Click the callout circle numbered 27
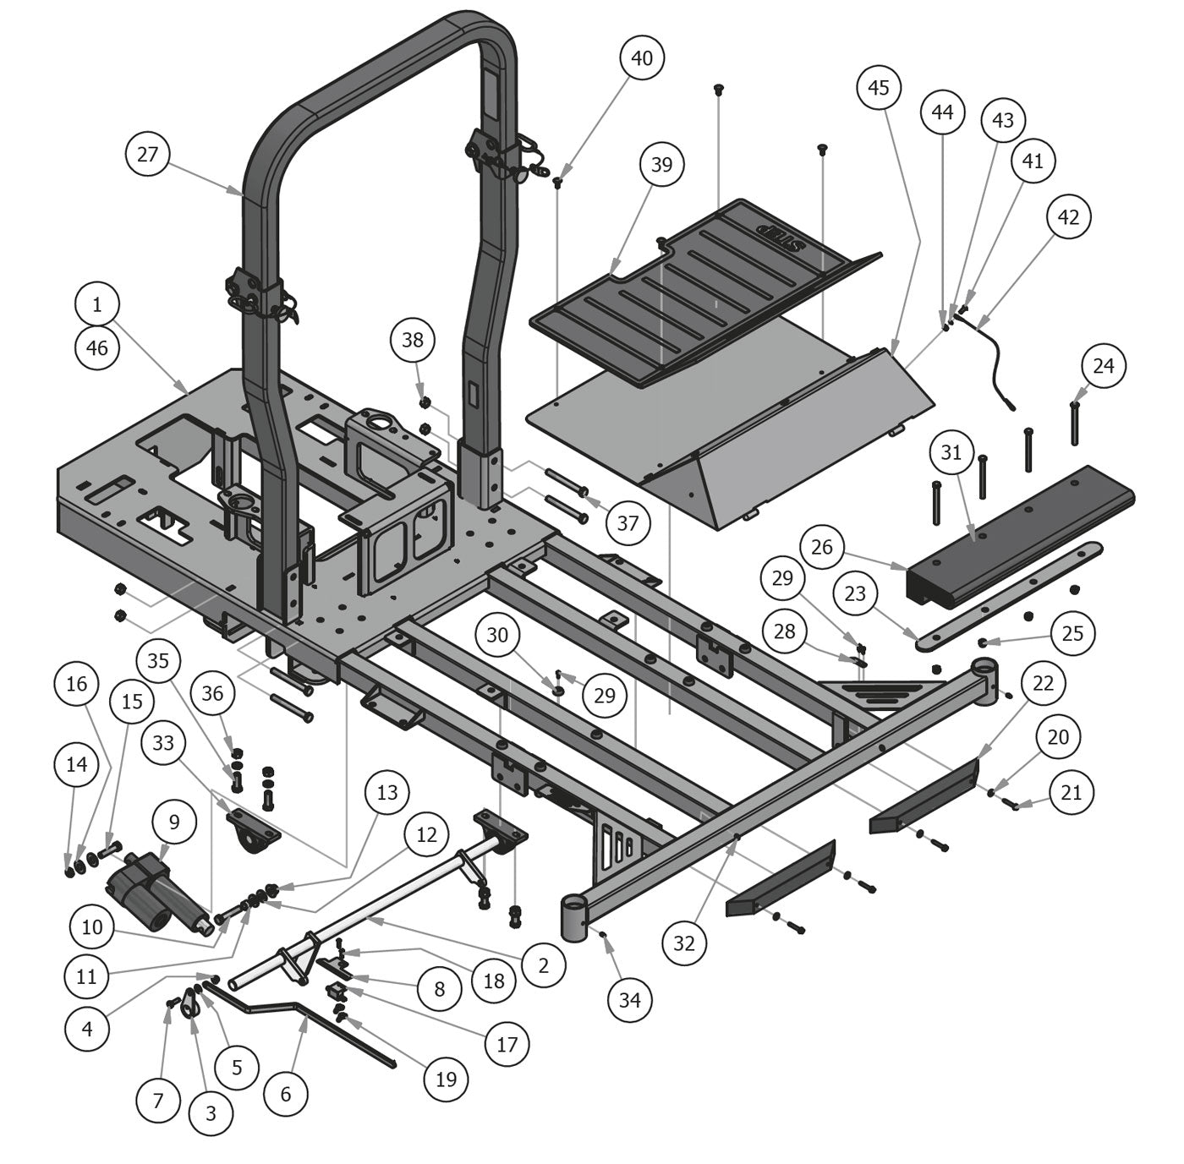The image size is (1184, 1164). click(x=147, y=155)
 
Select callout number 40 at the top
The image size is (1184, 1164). click(x=642, y=57)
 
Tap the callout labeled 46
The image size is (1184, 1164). click(x=97, y=347)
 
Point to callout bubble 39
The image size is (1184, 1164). click(x=661, y=164)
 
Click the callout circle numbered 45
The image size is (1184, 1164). click(x=879, y=87)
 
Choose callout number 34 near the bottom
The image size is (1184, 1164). click(x=629, y=1000)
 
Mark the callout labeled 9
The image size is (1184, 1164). click(x=174, y=821)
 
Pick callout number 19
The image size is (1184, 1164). click(x=446, y=1079)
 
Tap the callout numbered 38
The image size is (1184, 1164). click(x=413, y=340)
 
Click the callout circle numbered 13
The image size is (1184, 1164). click(x=387, y=792)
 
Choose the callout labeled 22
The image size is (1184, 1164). click(x=1044, y=682)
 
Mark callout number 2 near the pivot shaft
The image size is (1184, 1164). click(x=543, y=965)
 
